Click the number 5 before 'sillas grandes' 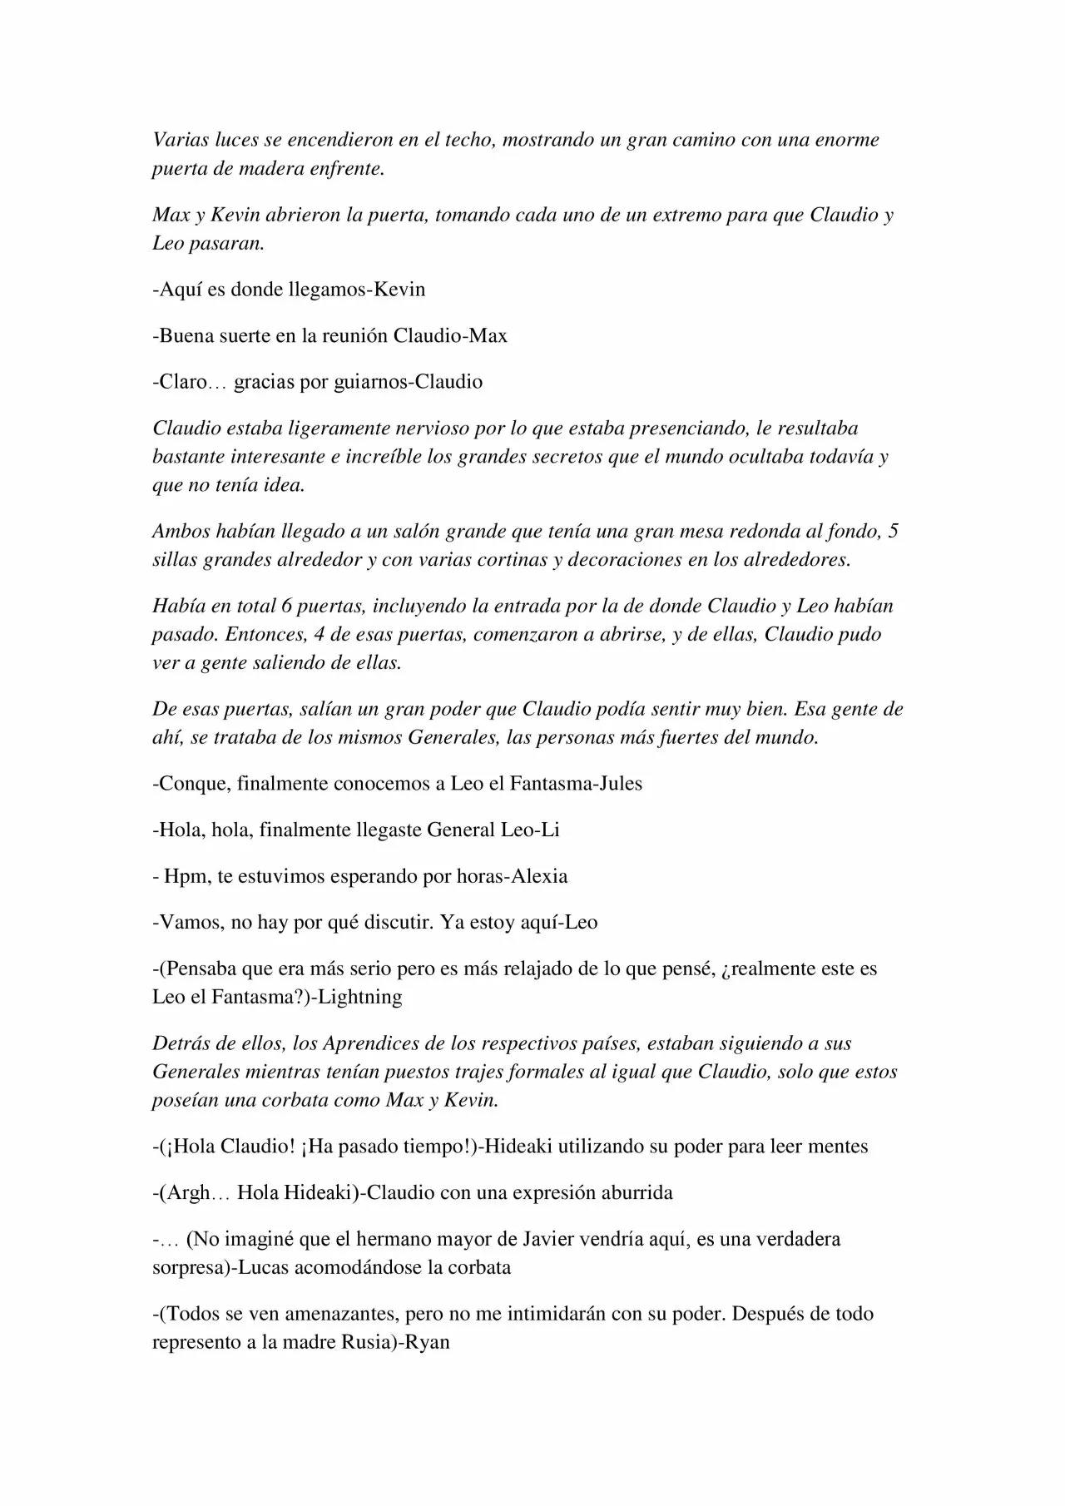point(893,532)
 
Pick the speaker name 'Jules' point(622,784)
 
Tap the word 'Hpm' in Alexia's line point(181,876)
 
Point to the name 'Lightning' point(361,997)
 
